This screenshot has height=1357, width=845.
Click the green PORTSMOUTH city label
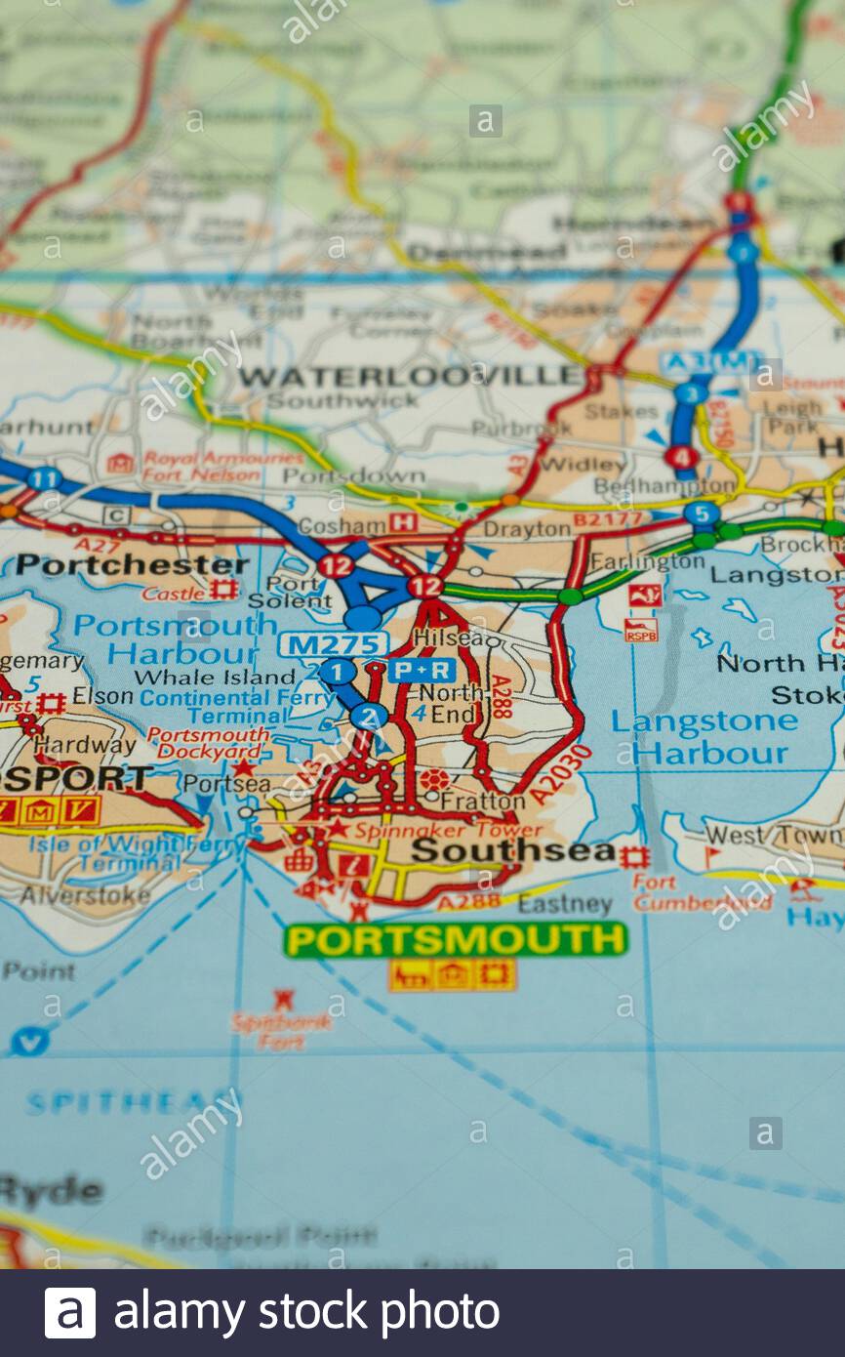456,939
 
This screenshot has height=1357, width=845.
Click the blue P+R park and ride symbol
422,670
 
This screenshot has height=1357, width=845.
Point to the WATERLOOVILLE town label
410,376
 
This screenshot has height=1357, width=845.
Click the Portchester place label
133,564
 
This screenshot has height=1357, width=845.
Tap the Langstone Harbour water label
704,737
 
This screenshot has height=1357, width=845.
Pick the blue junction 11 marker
44,478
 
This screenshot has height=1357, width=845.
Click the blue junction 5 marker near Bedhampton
701,514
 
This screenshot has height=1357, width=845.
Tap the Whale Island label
214,677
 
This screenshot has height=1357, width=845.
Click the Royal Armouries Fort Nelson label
222,467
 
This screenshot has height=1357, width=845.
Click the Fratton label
482,801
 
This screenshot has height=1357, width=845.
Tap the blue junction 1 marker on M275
338,672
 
